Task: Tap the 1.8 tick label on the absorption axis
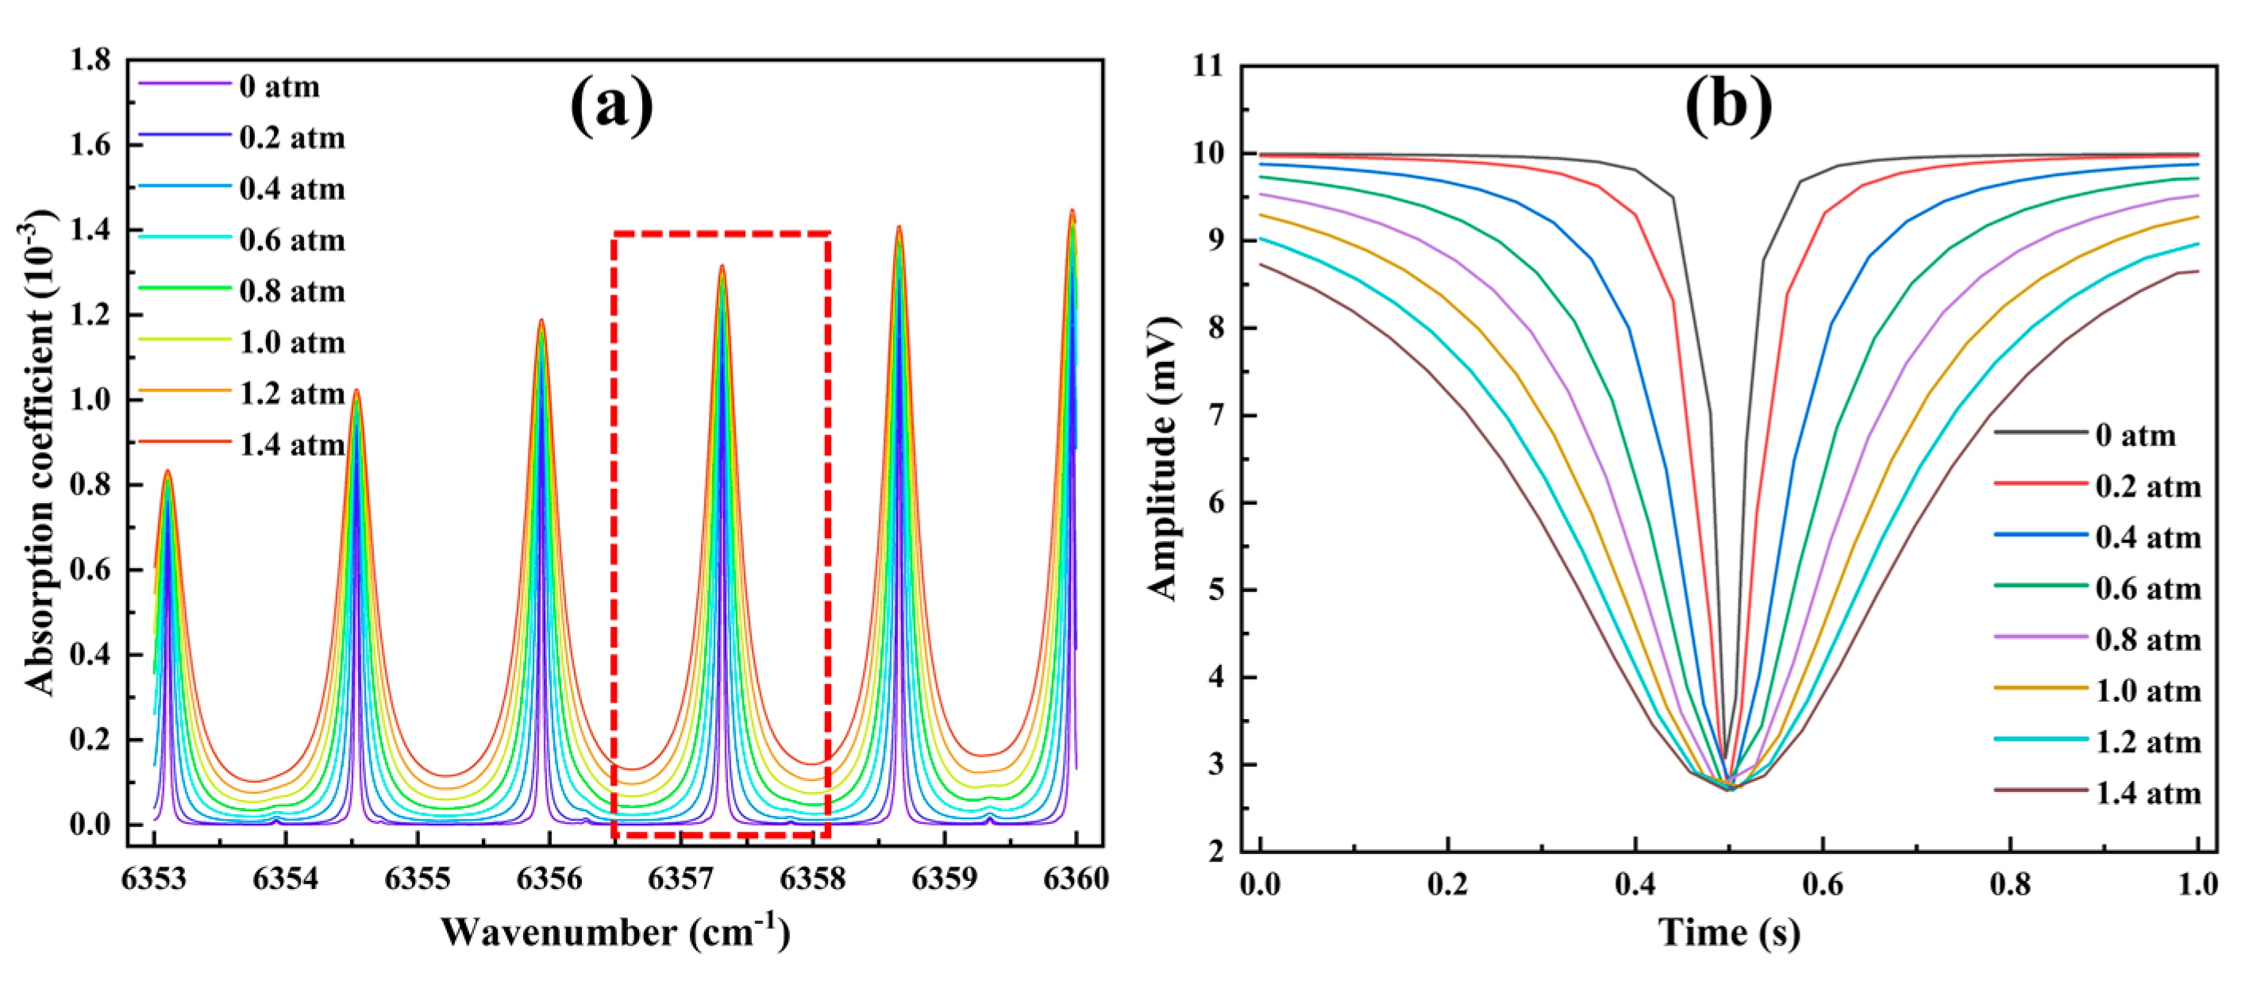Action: [90, 60]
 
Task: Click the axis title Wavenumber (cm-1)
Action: [615, 933]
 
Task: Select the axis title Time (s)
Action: [1728, 933]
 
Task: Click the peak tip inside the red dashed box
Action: [722, 266]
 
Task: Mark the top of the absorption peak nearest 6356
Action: [541, 320]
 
